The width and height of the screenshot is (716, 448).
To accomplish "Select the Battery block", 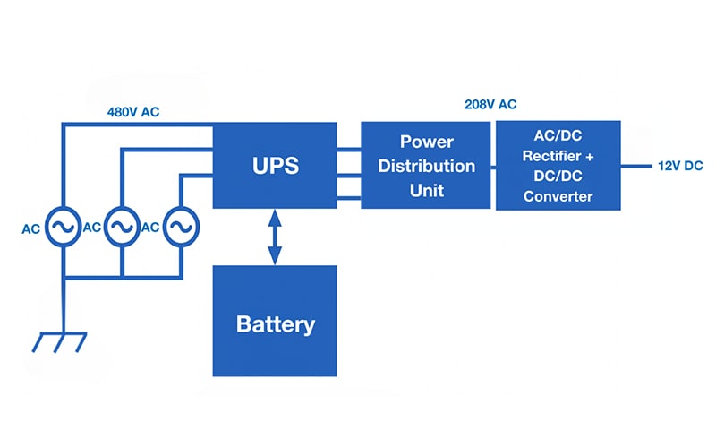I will click(274, 323).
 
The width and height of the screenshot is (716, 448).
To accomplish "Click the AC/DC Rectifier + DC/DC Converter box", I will click(558, 167).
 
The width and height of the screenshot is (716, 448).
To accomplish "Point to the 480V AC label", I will click(133, 113).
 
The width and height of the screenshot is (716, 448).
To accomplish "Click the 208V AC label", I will click(490, 104).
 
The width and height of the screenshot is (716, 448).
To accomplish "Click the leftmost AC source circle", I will click(62, 228).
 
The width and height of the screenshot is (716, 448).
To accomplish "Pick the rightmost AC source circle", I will click(181, 228).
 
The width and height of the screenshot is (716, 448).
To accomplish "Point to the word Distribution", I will click(425, 167).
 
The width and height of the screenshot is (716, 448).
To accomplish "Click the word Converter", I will click(558, 196).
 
